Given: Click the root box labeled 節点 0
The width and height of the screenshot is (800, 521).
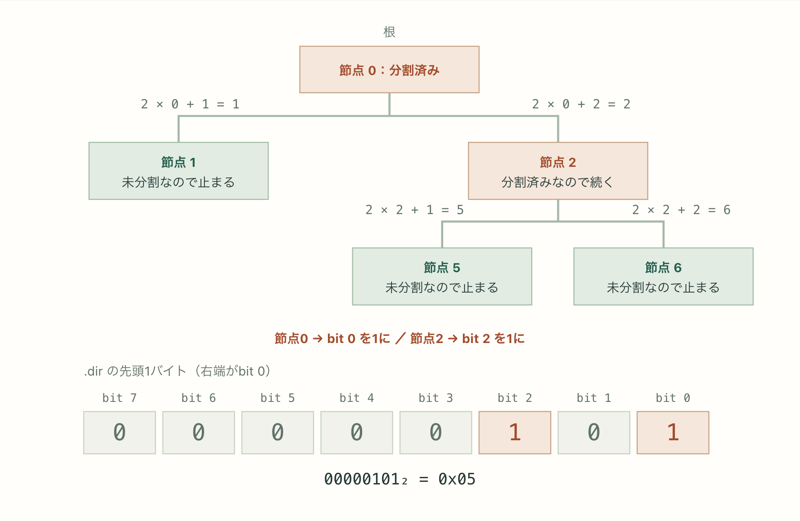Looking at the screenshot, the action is pos(389,70).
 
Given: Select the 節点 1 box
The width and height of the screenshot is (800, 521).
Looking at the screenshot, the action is pos(179,171).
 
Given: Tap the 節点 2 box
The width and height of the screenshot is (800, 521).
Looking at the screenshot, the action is pos(558,171).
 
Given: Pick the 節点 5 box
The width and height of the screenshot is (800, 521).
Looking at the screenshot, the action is pos(442,277).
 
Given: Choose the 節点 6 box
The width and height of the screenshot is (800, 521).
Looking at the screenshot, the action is pos(663,277).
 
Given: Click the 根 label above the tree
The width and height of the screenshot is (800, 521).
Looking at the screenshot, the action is pos(389,32).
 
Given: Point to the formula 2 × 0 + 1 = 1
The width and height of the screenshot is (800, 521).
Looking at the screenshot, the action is pos(190,104).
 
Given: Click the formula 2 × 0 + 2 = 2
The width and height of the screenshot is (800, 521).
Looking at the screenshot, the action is pos(581,104).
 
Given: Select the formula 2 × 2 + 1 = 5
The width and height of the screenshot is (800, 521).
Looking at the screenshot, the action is pos(415,210).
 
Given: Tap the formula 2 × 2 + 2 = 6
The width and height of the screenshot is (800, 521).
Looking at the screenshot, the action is pos(682,210).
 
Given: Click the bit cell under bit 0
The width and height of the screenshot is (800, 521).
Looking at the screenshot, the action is pos(673,433).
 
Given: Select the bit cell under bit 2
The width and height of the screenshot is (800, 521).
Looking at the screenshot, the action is pos(515,433).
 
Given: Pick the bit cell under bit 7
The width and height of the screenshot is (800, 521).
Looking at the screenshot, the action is pos(119,433).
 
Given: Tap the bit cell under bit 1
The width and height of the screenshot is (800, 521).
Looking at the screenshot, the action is pos(594,433).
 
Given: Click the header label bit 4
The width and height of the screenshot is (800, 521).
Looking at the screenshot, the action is pos(357,398).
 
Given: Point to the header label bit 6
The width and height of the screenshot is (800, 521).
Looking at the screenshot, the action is pos(199,398).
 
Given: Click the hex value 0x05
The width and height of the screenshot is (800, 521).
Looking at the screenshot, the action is pos(457,479).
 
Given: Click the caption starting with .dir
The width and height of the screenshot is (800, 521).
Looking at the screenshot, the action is pos(177,371).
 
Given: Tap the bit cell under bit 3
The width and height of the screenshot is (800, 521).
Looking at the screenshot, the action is pos(436,433).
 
